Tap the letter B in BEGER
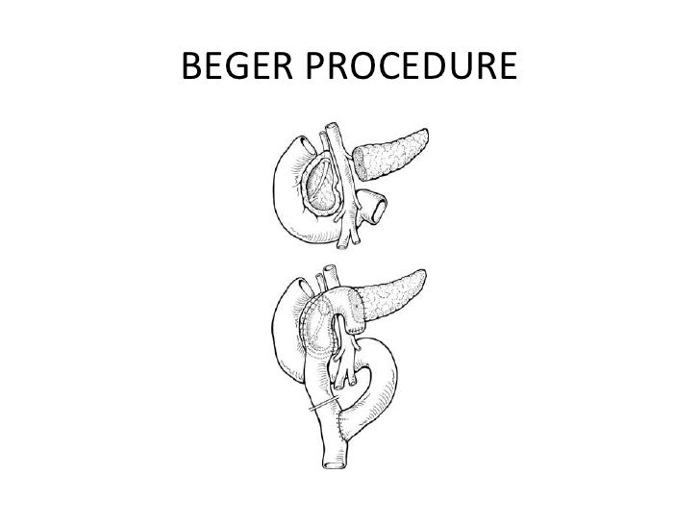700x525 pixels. coord(189,68)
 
